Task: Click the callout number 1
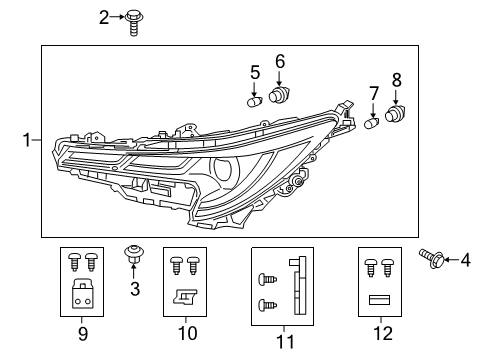(28, 142)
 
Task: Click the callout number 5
(255, 72)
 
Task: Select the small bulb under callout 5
(256, 100)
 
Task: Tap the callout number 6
(280, 62)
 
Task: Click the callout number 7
(374, 94)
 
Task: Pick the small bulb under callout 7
(373, 124)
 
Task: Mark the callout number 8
(396, 80)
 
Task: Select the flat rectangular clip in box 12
(378, 298)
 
